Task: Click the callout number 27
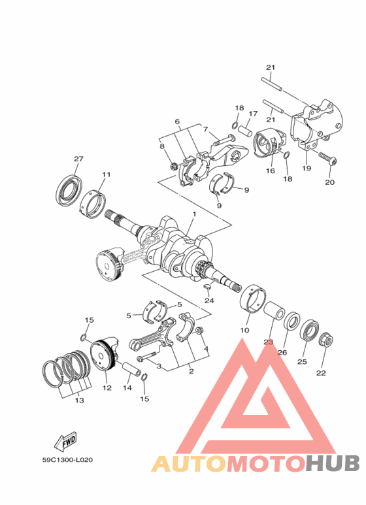pyautogui.click(x=78, y=159)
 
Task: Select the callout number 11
pyautogui.click(x=106, y=174)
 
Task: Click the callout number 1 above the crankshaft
pyautogui.click(x=193, y=214)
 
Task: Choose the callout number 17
pyautogui.click(x=253, y=114)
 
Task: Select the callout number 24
pyautogui.click(x=208, y=301)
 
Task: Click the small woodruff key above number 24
pyautogui.click(x=207, y=285)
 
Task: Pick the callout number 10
pyautogui.click(x=244, y=331)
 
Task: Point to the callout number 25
pyautogui.click(x=301, y=361)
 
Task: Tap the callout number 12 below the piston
pyautogui.click(x=107, y=387)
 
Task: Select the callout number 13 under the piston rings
pyautogui.click(x=80, y=400)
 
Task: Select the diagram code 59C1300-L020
pyautogui.click(x=68, y=459)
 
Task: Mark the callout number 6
pyautogui.click(x=176, y=122)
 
